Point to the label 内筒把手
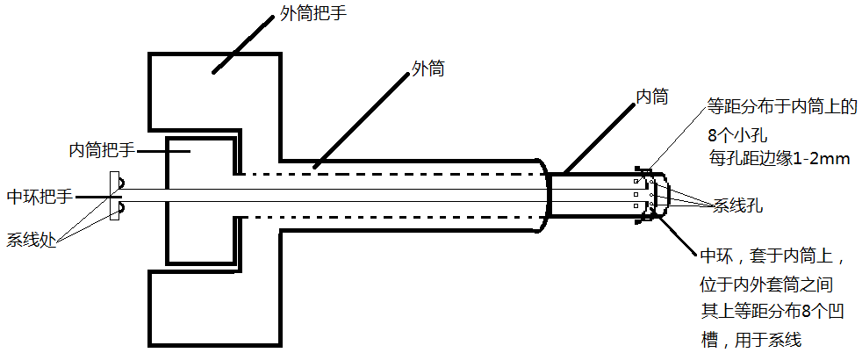pyautogui.click(x=102, y=150)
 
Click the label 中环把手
pyautogui.click(x=39, y=196)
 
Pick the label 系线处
pyautogui.click(x=32, y=239)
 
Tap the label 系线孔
pyautogui.click(x=736, y=207)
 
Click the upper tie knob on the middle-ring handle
pyautogui.click(x=119, y=184)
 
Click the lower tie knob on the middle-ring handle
pyautogui.click(x=119, y=207)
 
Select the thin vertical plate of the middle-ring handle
pyautogui.click(x=112, y=196)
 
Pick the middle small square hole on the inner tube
pyautogui.click(x=637, y=194)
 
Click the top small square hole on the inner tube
pyautogui.click(x=637, y=183)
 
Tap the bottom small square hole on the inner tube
pyautogui.click(x=637, y=206)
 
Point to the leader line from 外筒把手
pyautogui.click(x=238, y=46)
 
